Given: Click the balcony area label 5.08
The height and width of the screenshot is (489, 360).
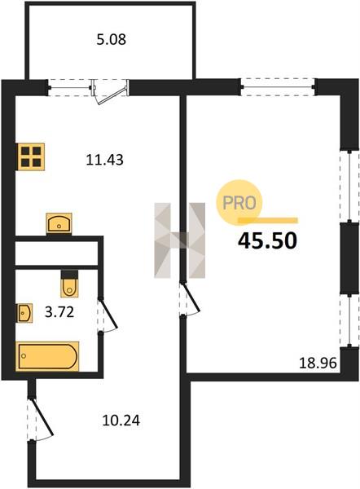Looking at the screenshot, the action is (111, 40).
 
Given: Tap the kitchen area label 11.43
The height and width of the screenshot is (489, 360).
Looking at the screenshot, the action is (104, 160).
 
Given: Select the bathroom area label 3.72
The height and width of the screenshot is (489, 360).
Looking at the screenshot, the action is (59, 312).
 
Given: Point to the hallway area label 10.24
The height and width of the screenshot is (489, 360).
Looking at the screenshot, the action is (121, 421).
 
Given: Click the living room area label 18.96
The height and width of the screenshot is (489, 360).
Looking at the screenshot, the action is (318, 363).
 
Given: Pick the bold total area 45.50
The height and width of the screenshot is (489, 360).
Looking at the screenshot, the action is (267, 241).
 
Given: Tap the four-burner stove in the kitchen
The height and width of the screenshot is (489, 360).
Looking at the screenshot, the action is (31, 156).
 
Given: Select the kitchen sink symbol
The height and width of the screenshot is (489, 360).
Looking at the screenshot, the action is (59, 223).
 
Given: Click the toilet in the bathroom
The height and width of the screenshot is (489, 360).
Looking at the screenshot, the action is (69, 284).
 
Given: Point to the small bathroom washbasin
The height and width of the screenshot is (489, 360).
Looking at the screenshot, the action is (24, 313).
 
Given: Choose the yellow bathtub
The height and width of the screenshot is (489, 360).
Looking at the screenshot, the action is (47, 356).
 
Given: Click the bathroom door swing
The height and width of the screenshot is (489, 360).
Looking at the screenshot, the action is (108, 315).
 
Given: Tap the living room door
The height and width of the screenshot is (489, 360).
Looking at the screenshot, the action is (190, 299).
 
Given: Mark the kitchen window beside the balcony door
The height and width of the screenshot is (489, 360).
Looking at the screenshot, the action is (70, 88).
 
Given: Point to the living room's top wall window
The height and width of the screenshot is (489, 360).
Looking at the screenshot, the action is (278, 86).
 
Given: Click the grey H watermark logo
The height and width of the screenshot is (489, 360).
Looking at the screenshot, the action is (180, 240).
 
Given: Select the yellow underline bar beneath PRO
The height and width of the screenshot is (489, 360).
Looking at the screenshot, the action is (268, 221).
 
